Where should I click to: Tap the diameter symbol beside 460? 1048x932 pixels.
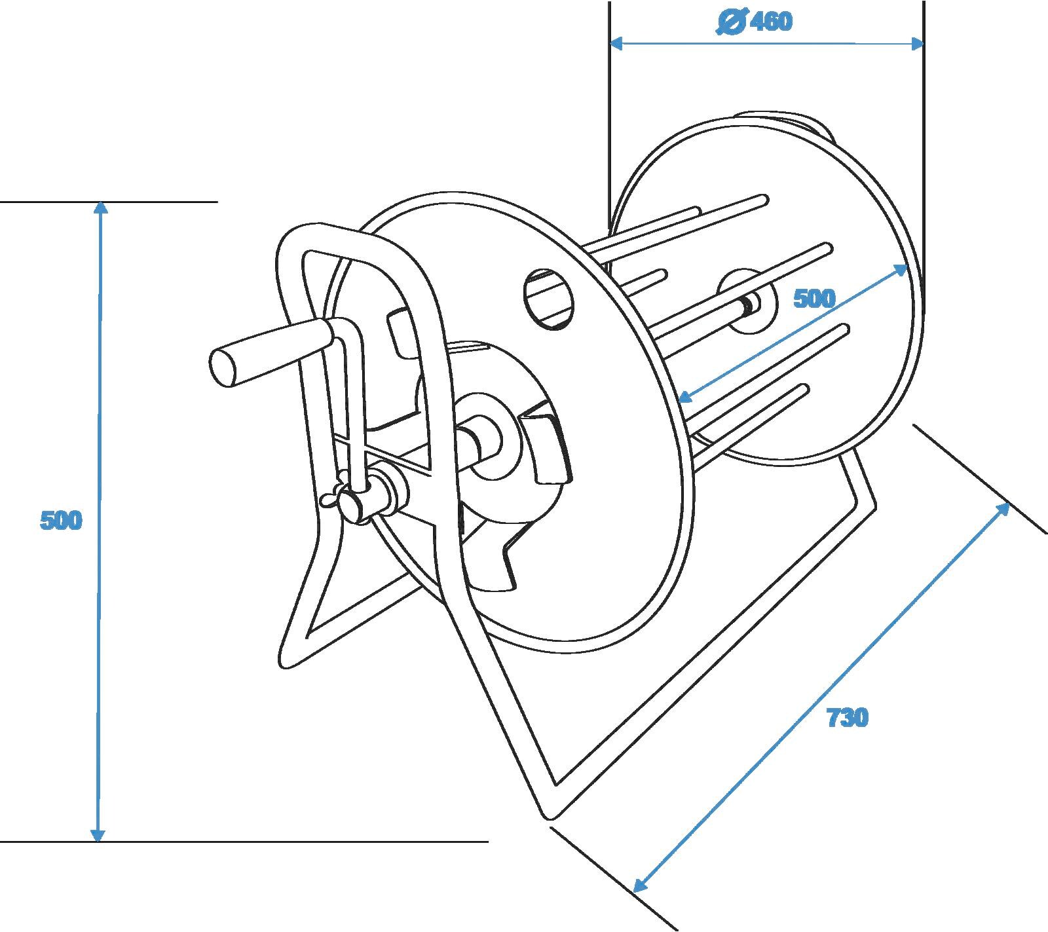point(730,23)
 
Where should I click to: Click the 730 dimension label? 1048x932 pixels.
point(847,718)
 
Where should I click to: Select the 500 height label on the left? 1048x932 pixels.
point(61,521)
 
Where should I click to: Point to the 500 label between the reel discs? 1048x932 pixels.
point(814,299)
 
